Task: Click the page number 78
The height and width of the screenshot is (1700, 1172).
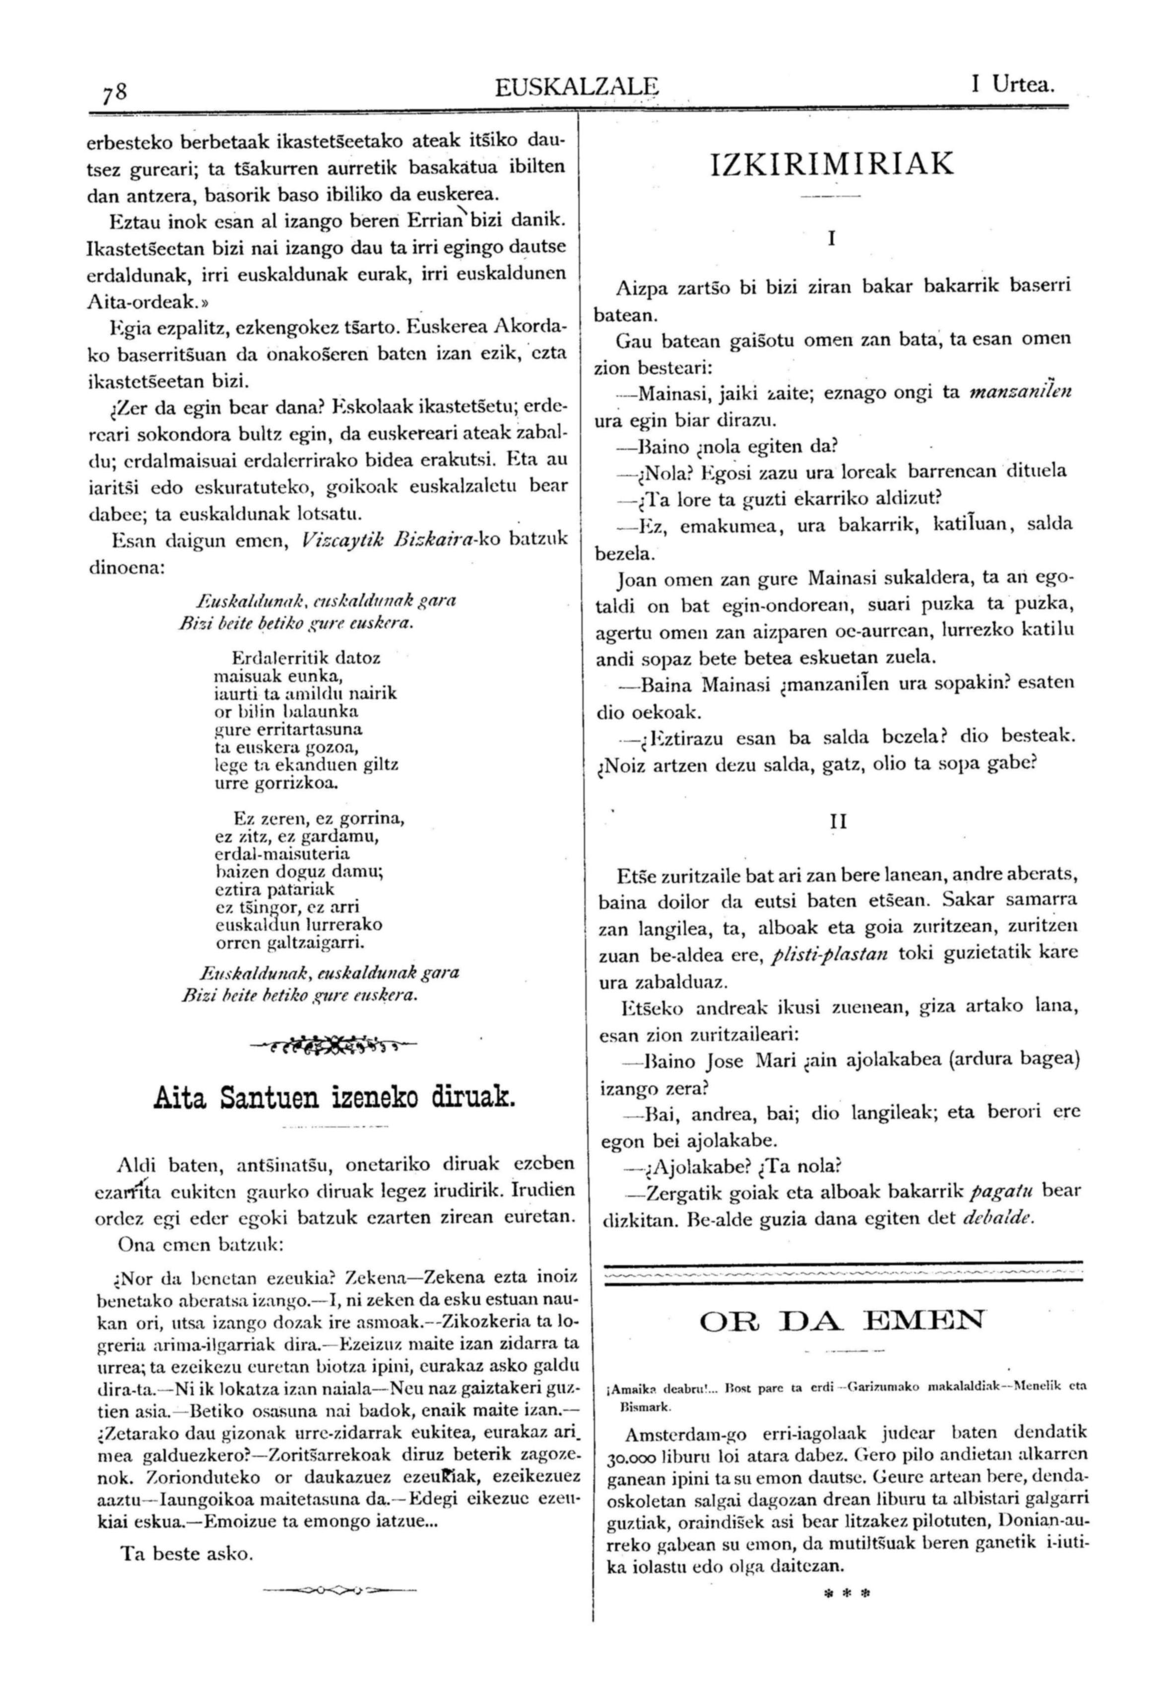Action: [115, 92]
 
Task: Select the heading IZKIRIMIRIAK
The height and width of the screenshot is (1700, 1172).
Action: [832, 163]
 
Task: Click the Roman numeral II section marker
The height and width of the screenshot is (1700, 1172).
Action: [838, 822]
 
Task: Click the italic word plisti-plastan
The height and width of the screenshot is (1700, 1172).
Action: [831, 955]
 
